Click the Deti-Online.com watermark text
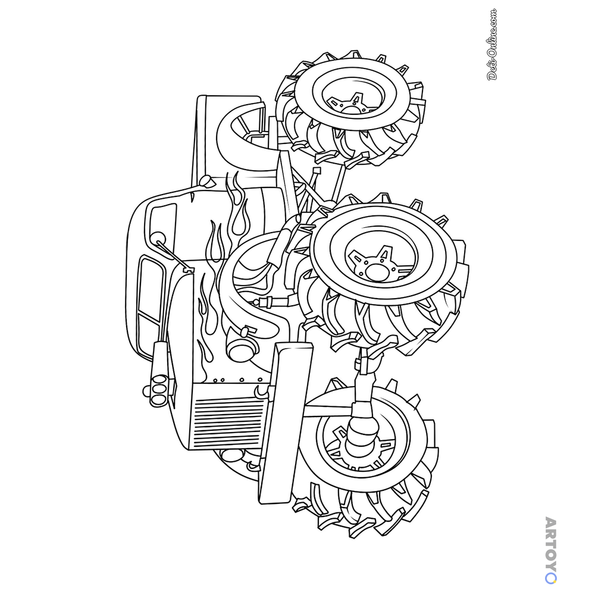tap(492, 45)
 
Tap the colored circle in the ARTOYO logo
tap(551, 578)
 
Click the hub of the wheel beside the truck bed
tap(351, 109)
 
